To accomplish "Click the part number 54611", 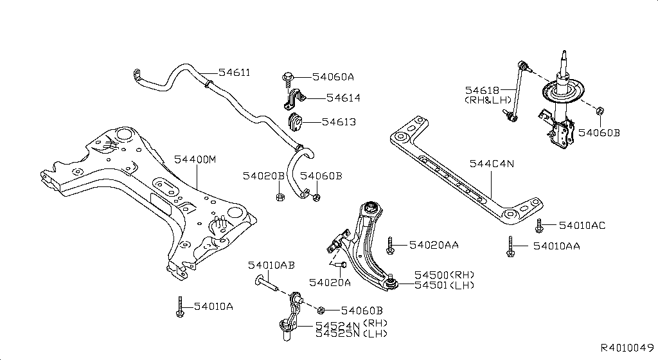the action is point(234,73).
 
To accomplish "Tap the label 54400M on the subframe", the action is point(195,160).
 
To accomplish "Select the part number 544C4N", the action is point(492,164).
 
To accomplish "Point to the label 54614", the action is point(343,98).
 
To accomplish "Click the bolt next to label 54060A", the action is point(288,79).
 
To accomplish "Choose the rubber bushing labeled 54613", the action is point(294,121).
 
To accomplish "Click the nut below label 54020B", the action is point(281,196).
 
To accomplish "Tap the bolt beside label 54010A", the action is point(180,307).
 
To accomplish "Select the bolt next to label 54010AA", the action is point(510,246).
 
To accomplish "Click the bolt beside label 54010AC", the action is point(539,226).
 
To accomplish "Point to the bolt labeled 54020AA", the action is point(390,246).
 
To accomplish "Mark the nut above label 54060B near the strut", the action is point(600,111).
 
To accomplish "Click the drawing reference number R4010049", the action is point(627,348).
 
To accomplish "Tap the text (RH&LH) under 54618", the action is point(488,100).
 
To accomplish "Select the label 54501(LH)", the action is point(445,285).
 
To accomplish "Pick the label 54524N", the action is point(338,325).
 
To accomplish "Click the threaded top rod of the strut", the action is point(564,61).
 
